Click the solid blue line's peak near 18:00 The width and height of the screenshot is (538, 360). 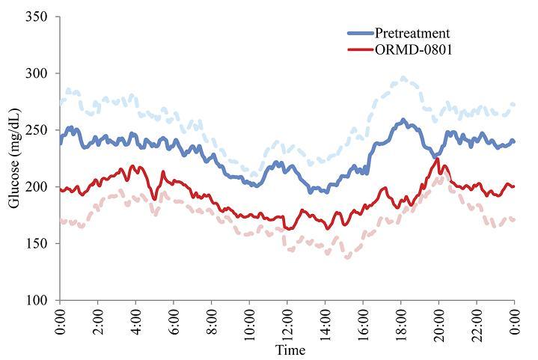coord(403,120)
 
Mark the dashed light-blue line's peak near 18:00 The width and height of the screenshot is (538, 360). coord(403,77)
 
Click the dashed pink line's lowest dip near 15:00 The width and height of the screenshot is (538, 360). coord(346,257)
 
